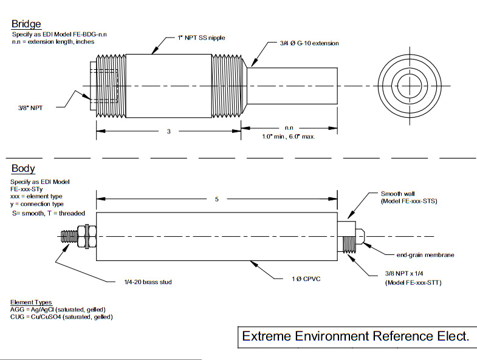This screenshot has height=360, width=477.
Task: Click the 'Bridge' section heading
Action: [26, 24]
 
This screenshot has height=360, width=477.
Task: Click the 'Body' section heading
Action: [23, 169]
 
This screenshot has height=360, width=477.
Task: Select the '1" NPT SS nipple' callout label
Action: [201, 38]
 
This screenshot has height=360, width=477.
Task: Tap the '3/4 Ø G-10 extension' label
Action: [309, 44]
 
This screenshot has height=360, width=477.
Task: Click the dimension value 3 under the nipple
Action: [168, 132]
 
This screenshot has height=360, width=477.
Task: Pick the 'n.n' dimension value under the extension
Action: [289, 128]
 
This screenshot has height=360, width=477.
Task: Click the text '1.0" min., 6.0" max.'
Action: [289, 137]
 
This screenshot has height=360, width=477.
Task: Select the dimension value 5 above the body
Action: [217, 200]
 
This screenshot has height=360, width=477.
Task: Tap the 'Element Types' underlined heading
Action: [31, 302]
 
